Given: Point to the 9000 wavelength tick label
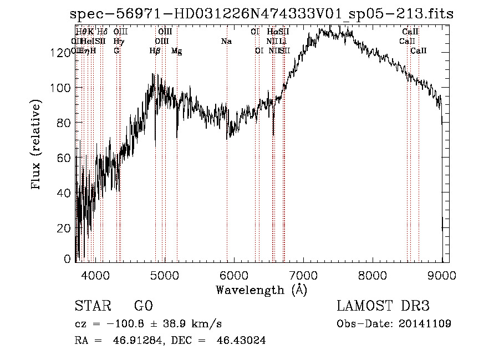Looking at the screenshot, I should [442, 276].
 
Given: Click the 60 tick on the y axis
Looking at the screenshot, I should [64, 157].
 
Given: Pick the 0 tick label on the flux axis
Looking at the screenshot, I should [68, 259].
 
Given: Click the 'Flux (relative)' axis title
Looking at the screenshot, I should [37, 145].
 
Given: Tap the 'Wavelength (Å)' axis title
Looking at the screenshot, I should [261, 290].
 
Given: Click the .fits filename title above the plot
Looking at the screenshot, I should [262, 14].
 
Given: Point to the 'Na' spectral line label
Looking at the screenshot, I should [226, 41].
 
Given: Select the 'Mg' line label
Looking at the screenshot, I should [176, 51].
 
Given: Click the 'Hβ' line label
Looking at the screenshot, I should [155, 51].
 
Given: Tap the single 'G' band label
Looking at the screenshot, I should [116, 50].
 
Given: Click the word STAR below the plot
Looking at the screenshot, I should [93, 306].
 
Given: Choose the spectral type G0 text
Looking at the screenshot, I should [144, 306].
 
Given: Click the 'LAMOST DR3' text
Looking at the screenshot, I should [383, 306].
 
